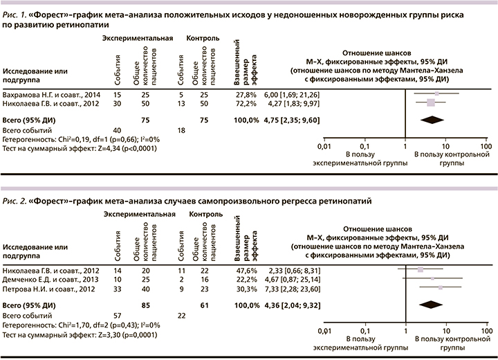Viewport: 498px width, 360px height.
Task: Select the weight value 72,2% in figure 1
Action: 246,103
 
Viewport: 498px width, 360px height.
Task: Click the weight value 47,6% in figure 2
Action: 246,268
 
